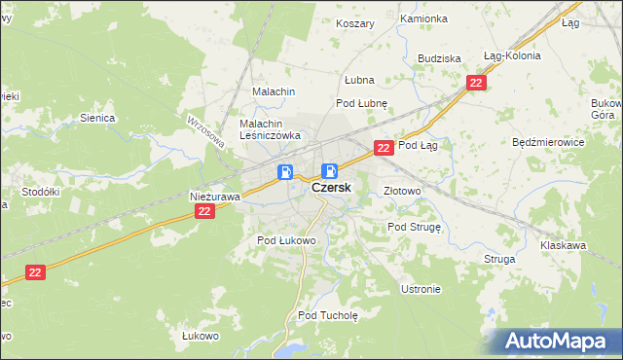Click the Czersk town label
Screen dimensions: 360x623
(x=331, y=190)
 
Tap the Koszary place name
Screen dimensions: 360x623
(x=354, y=23)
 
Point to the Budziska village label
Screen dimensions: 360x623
(x=439, y=58)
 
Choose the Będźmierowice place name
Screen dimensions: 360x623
(x=547, y=142)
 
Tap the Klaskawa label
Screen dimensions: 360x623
(x=563, y=246)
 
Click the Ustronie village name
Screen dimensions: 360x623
(x=421, y=289)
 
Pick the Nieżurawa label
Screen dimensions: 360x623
(x=214, y=197)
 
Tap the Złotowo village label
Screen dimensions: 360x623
(x=402, y=191)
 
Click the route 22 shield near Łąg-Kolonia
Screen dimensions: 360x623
(x=475, y=84)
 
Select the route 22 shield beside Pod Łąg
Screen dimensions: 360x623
(x=384, y=148)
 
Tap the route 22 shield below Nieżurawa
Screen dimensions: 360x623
(x=203, y=211)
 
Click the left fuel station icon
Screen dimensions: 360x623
(x=286, y=172)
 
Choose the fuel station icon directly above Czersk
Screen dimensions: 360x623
(x=330, y=171)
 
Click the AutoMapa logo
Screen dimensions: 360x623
(x=552, y=342)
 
